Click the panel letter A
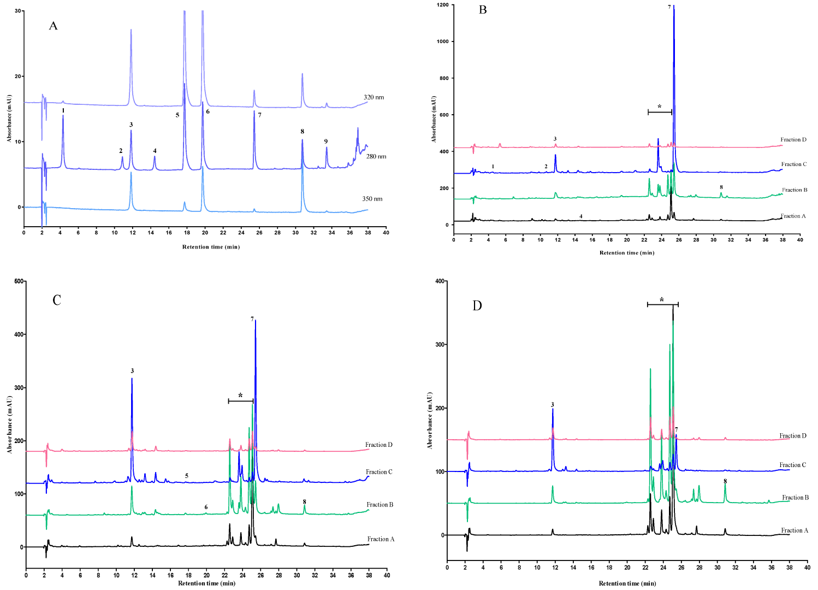(53, 26)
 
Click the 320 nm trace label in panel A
(374, 97)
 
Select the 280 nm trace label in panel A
(376, 156)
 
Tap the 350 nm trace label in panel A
(372, 199)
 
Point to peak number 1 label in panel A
(63, 110)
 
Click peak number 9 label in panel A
(326, 141)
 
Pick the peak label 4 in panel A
(155, 151)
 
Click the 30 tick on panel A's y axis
(17, 11)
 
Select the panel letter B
(483, 10)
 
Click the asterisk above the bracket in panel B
(660, 107)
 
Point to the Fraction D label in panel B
(793, 140)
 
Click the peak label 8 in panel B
(721, 187)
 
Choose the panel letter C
(57, 300)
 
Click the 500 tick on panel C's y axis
(19, 281)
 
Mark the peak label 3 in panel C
(132, 371)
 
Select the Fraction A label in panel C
(381, 539)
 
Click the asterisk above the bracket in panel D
(662, 300)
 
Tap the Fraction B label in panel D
(795, 498)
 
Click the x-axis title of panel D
(627, 583)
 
